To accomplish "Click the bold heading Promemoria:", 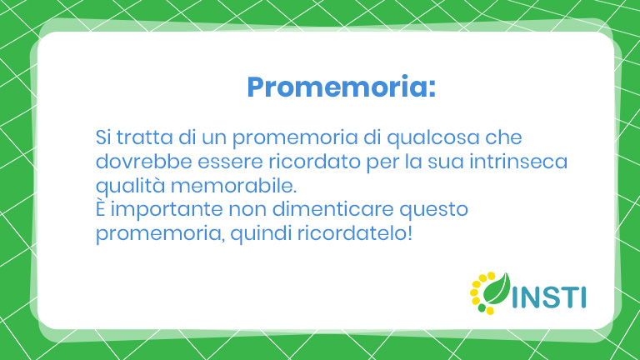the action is [341, 87].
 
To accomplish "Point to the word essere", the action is [230, 162].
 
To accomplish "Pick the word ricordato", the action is [314, 161].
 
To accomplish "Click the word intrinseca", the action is [518, 161].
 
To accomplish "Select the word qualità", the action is [130, 187].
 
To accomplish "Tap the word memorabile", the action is [233, 185].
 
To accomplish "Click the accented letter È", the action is [100, 208].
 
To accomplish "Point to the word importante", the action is [167, 210].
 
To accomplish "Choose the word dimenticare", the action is [332, 209].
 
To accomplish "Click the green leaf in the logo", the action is [497, 289].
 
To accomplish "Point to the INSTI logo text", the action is [549, 297].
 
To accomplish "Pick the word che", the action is [503, 137].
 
